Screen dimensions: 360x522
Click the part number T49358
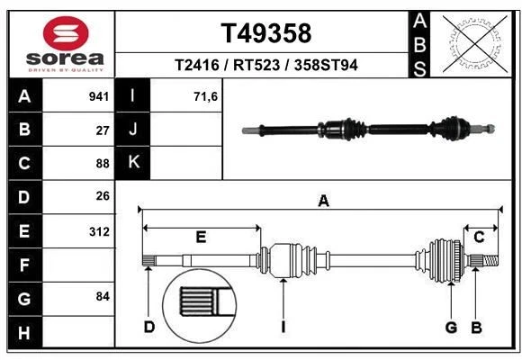(266, 33)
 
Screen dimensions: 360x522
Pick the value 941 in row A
(99, 96)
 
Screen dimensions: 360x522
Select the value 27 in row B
(103, 130)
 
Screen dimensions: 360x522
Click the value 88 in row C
(103, 163)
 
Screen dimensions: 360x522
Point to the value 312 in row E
(99, 231)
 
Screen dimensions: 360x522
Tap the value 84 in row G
(103, 295)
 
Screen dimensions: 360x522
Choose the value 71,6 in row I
(206, 96)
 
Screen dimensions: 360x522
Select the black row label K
(133, 162)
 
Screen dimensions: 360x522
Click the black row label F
(23, 265)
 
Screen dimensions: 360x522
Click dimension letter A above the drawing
(323, 202)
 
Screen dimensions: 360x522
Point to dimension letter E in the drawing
(201, 237)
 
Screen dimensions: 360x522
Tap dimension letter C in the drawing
(480, 237)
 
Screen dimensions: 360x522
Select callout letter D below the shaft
(149, 327)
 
